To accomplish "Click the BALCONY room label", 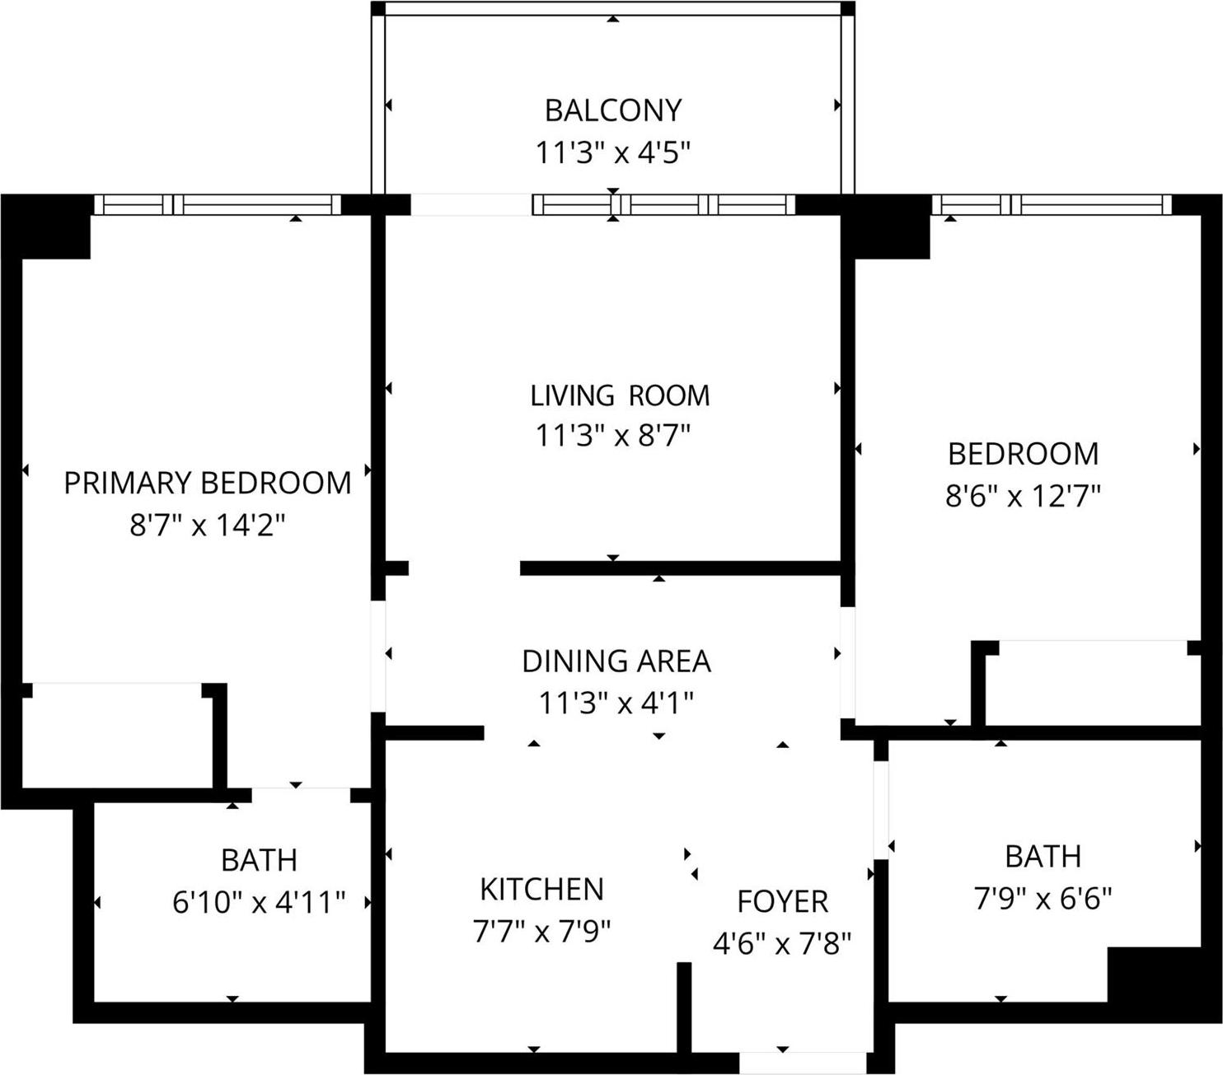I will pos(613,110).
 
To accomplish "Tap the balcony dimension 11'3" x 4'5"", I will pos(612,153).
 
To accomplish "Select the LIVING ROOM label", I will pos(619,395).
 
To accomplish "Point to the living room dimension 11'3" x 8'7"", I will pos(612,436).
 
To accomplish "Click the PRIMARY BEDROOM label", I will pos(207,483).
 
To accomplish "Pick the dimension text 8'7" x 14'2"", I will pos(207,525).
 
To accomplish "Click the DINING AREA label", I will pos(616,661).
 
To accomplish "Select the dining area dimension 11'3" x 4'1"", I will pos(616,703).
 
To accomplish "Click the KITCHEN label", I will pos(541,890).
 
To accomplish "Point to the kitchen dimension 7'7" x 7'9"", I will pos(541,932).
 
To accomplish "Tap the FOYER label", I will pos(782,902).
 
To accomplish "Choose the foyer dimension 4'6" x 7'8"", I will pos(781,943).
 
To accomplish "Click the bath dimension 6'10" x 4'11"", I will pos(258,903).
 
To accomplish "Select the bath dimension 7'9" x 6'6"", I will pos(1043,899).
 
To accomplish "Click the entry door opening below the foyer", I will pos(803,1063).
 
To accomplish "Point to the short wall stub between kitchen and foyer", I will pos(683,1007).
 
